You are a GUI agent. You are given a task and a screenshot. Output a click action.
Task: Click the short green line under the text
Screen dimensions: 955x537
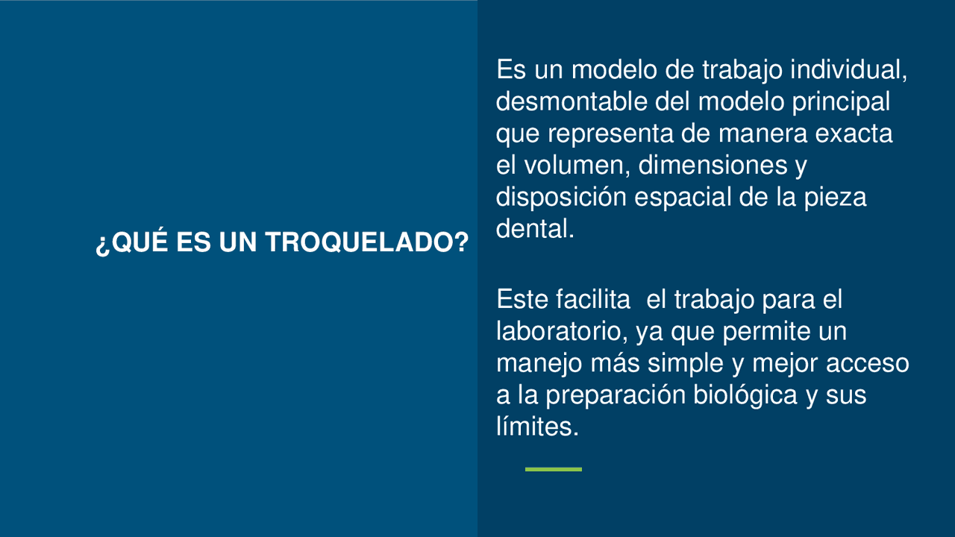pyautogui.click(x=554, y=469)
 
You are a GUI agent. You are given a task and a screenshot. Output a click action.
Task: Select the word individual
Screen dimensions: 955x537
pyautogui.click(x=849, y=69)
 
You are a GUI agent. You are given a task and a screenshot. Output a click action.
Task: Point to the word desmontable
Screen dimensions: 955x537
pyautogui.click(x=572, y=101)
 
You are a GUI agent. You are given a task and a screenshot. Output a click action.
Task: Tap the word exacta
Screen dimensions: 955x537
pyautogui.click(x=854, y=134)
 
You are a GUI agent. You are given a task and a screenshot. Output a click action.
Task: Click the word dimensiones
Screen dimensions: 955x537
pyautogui.click(x=713, y=165)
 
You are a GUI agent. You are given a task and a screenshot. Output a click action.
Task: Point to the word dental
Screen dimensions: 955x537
pyautogui.click(x=535, y=228)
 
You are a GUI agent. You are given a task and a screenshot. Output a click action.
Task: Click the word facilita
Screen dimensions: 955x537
pyautogui.click(x=593, y=299)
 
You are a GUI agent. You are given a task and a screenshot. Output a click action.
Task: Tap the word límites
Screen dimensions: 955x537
pyautogui.click(x=538, y=426)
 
